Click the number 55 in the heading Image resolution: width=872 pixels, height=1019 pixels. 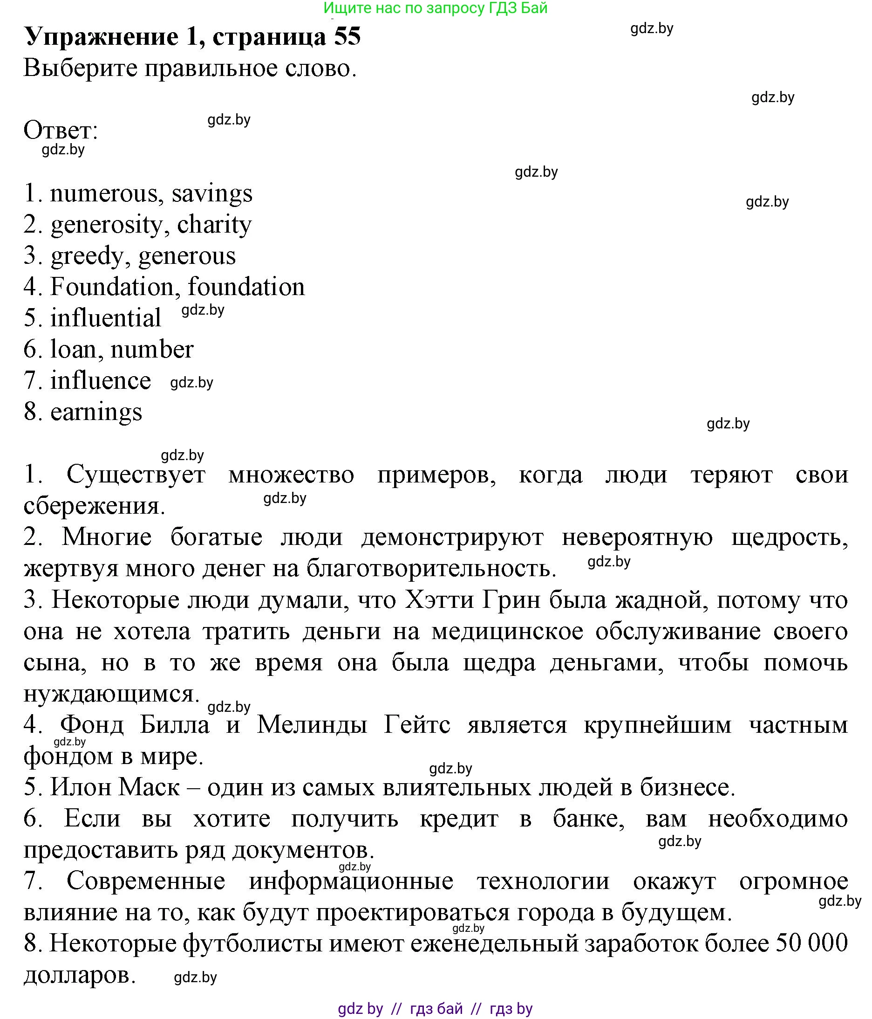tap(347, 37)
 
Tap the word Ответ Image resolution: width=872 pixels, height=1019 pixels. tap(60, 131)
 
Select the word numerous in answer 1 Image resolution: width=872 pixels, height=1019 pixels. tap(103, 193)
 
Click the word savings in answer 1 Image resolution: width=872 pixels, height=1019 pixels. tap(212, 193)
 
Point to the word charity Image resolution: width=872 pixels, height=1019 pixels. tap(214, 225)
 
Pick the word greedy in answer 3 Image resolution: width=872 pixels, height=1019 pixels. tap(87, 256)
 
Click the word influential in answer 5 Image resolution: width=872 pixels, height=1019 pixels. tap(106, 318)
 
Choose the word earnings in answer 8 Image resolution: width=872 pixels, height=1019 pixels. tap(96, 412)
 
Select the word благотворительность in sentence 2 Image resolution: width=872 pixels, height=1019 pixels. tap(431, 569)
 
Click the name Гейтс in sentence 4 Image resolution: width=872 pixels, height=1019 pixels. tap(417, 725)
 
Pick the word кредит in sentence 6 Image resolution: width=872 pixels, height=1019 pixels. tap(459, 819)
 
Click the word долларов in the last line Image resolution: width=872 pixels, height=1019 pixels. tap(79, 975)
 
